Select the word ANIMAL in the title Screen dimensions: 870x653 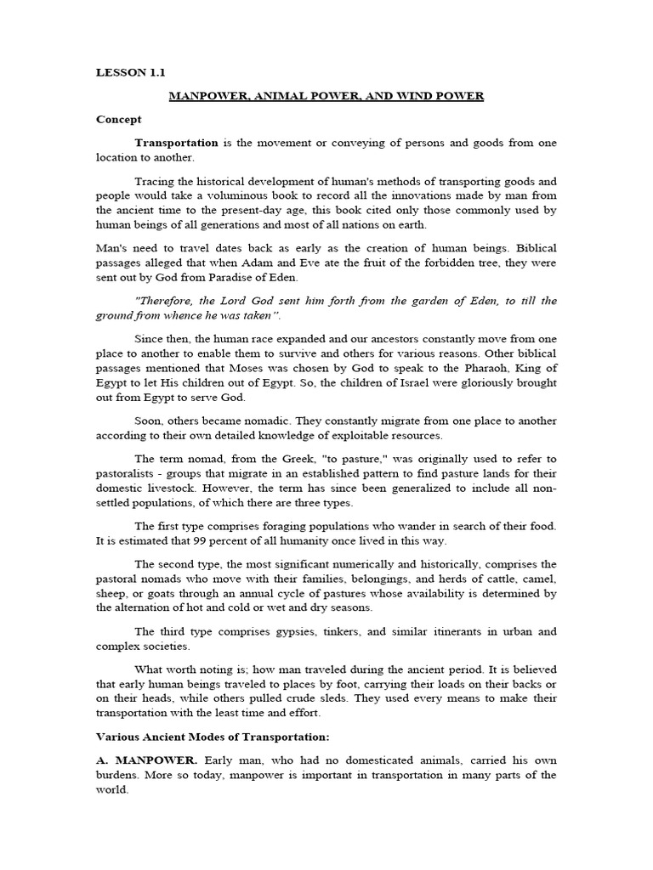pos(285,96)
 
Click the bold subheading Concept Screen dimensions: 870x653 pos(119,120)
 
